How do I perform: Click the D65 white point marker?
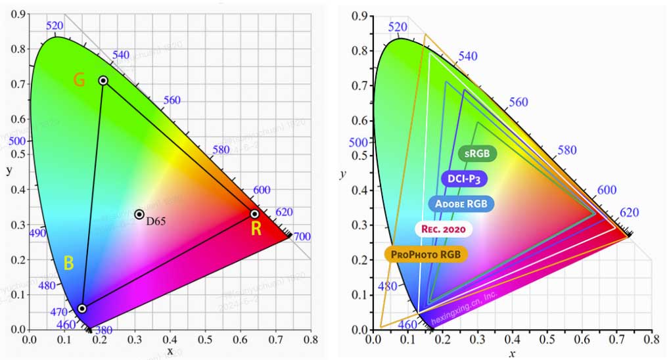[x=139, y=214]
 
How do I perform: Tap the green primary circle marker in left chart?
[x=103, y=80]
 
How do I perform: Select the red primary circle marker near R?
[x=254, y=214]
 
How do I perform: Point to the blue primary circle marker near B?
[x=82, y=308]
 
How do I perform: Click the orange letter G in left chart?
[x=79, y=80]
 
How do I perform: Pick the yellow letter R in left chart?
[x=256, y=229]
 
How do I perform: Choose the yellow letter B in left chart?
[x=68, y=263]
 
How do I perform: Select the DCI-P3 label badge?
[x=469, y=178]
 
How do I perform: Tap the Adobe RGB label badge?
[x=461, y=204]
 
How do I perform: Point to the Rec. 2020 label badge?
[x=443, y=229]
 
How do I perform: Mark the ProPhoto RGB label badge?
[x=425, y=254]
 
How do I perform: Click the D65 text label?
[x=156, y=221]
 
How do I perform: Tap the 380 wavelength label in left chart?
[x=104, y=331]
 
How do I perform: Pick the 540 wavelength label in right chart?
[x=467, y=56]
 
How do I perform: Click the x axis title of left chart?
[x=170, y=351]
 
